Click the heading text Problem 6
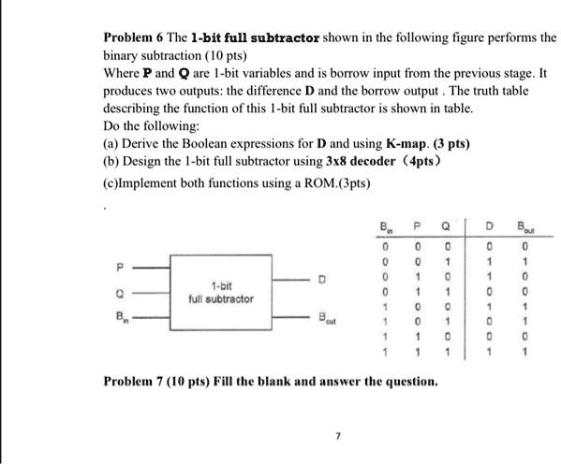pos(131,38)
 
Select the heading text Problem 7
pos(133,382)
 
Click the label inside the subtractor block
pos(222,292)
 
